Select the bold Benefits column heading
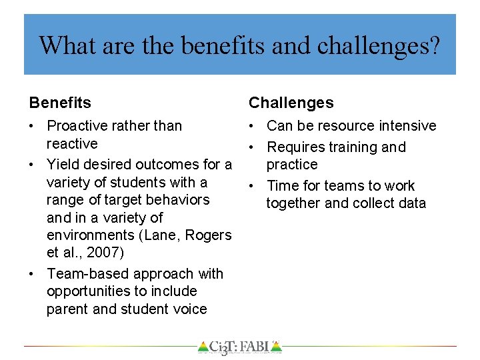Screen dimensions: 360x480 tap(60, 103)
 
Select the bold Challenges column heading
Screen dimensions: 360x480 tap(291, 103)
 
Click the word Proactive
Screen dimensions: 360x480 tap(75, 126)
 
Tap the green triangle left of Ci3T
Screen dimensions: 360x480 tap(203, 347)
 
